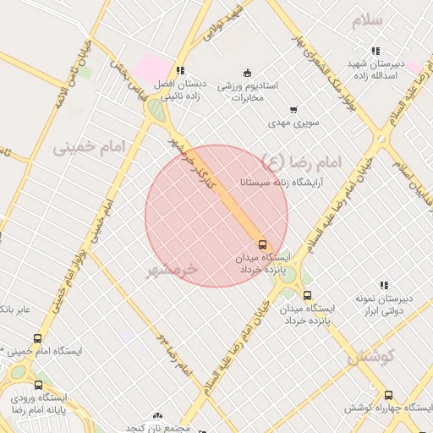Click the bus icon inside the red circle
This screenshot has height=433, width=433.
coord(261,244)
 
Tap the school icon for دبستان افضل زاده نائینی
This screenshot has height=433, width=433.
coord(178,70)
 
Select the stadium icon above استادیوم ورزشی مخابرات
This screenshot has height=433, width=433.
coord(247,72)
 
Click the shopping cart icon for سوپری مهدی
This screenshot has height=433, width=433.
coord(293,109)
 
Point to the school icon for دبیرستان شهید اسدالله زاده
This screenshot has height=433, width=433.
coord(375,51)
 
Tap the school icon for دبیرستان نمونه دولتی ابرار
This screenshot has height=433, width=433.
coord(383,285)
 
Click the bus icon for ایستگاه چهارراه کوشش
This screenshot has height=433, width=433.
coord(388,395)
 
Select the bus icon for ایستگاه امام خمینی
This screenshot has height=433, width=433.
coord(37,338)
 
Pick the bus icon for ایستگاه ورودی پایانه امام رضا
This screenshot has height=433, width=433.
coord(16,396)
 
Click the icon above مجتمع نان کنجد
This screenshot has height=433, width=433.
coord(157,415)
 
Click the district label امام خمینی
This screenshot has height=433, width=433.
coord(88,147)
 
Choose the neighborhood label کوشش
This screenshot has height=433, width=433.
coord(371,357)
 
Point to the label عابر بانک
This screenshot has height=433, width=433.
coord(14,309)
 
